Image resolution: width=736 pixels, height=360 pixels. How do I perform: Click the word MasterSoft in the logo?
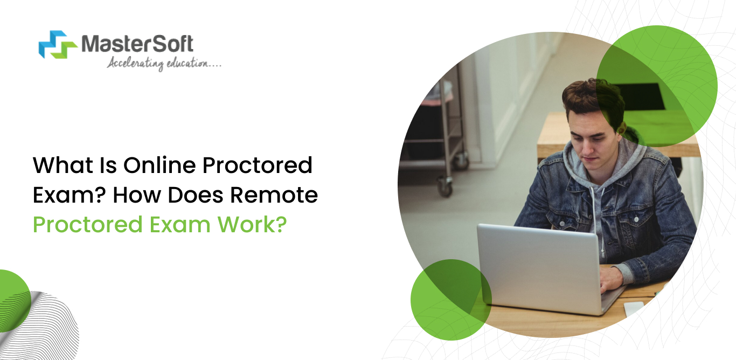[137, 43]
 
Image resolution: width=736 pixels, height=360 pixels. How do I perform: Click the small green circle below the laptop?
[450, 300]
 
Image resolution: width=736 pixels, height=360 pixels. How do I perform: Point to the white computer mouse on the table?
[634, 308]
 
